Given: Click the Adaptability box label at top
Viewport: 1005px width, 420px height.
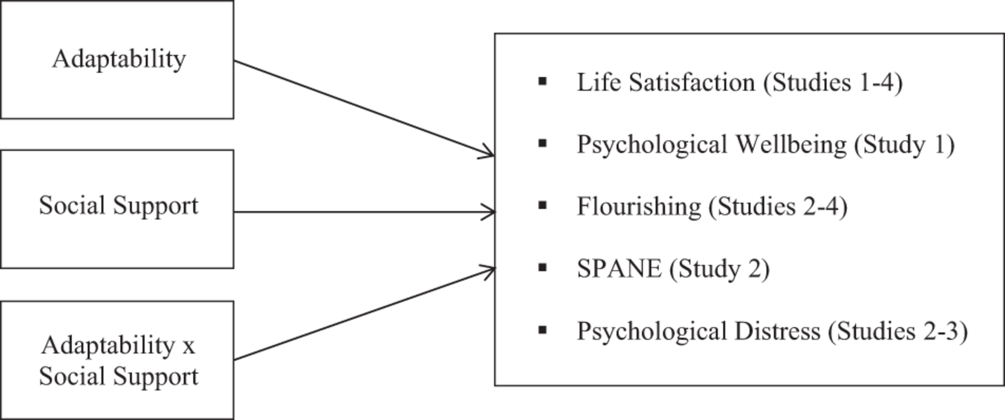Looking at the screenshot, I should (119, 59).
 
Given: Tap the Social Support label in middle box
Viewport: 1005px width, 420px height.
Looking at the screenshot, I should (119, 206).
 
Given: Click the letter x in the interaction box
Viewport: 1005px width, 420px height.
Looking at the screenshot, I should (188, 346).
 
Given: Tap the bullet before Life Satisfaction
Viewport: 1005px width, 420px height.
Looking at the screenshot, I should (543, 82).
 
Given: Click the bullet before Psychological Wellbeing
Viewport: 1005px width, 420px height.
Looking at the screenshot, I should (543, 144).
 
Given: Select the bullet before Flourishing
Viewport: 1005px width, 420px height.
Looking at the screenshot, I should (543, 206).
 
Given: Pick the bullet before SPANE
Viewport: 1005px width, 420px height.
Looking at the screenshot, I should (543, 268).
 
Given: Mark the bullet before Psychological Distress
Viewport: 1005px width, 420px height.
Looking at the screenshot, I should (543, 330).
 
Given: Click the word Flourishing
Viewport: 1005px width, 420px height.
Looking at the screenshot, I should (638, 207).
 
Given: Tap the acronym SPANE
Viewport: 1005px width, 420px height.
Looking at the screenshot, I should (619, 269).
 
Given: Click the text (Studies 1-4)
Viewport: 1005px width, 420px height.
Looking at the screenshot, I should (833, 83).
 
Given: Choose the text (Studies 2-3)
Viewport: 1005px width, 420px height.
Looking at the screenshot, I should (898, 331).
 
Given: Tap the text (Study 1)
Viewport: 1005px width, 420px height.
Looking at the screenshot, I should (904, 145).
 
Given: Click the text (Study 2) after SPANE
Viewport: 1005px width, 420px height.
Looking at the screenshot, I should (719, 269).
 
